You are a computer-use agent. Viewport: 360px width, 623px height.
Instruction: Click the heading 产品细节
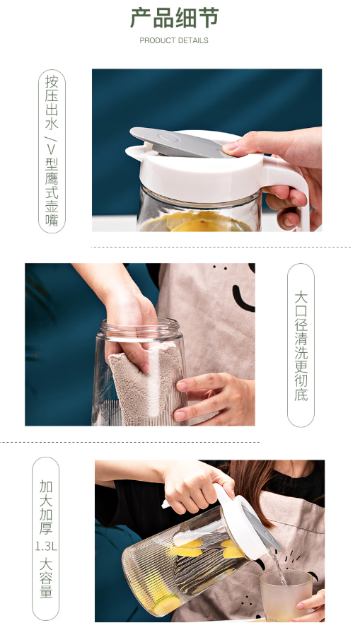(175, 18)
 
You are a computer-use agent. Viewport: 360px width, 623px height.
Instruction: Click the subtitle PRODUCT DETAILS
(174, 40)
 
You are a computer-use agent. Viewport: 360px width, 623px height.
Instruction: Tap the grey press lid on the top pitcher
(179, 142)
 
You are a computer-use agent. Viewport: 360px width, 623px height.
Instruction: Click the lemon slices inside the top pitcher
(196, 222)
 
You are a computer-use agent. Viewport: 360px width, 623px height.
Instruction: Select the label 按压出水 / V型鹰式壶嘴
(52, 151)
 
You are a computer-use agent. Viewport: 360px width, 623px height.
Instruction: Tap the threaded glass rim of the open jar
(141, 328)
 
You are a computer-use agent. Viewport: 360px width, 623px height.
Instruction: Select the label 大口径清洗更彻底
(301, 345)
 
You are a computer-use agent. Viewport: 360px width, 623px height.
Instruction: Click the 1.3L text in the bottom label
(46, 547)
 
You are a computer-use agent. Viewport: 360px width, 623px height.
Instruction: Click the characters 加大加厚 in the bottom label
(46, 507)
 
